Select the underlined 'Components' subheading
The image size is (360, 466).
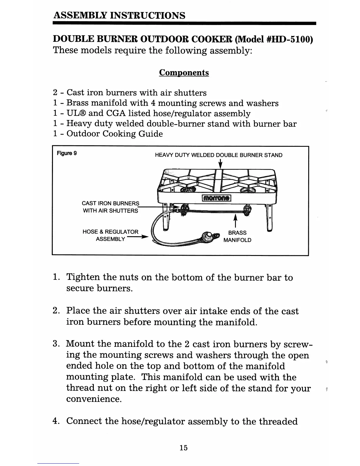pos(184,73)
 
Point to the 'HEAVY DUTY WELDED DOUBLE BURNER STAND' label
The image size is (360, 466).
pos(219,155)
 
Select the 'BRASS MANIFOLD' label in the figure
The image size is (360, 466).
pos(237,236)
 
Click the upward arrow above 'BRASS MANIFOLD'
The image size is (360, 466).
pos(235,221)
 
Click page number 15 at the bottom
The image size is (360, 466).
pos(184,448)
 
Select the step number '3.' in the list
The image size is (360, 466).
pos(56,344)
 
